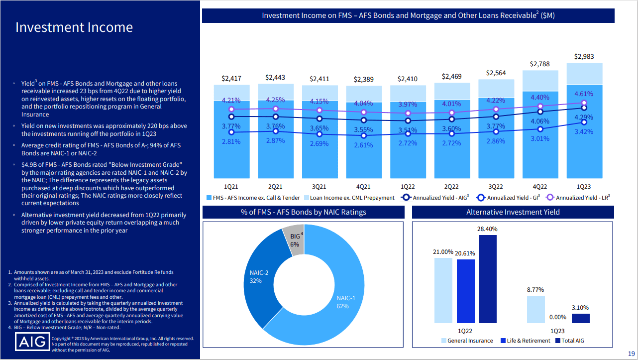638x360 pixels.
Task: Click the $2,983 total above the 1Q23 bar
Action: [x=584, y=57]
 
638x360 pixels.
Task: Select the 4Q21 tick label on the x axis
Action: [x=362, y=187]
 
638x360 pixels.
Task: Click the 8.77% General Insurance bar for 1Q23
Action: [x=536, y=309]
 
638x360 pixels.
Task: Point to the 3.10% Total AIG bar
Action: [x=580, y=318]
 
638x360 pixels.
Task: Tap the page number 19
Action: [x=631, y=354]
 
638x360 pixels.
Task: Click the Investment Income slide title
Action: [x=74, y=27]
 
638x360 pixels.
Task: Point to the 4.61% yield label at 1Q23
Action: [x=583, y=94]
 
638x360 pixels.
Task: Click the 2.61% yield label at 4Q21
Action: [x=363, y=145]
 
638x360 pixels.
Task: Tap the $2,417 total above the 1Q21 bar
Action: [x=231, y=78]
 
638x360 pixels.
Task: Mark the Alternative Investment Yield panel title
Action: [x=513, y=212]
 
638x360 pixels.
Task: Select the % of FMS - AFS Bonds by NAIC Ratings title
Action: [x=303, y=212]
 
